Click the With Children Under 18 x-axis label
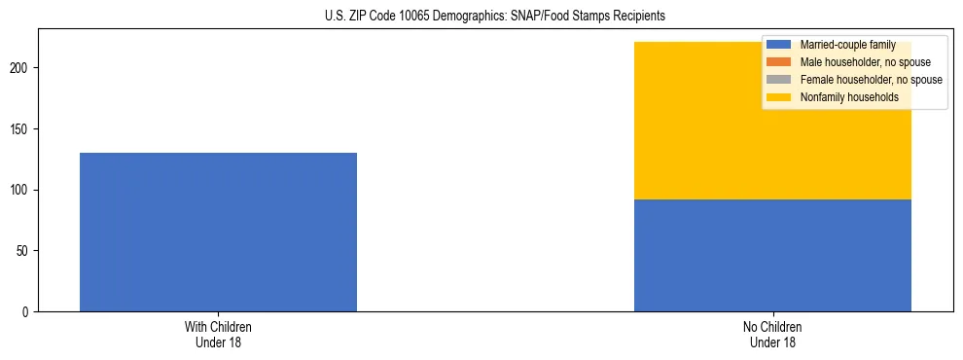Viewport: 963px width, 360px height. point(218,334)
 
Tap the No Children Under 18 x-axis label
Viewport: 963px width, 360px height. point(772,334)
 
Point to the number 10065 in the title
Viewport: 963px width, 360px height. point(428,17)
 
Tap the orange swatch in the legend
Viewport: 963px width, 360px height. point(779,62)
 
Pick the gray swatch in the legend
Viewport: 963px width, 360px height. point(779,80)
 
